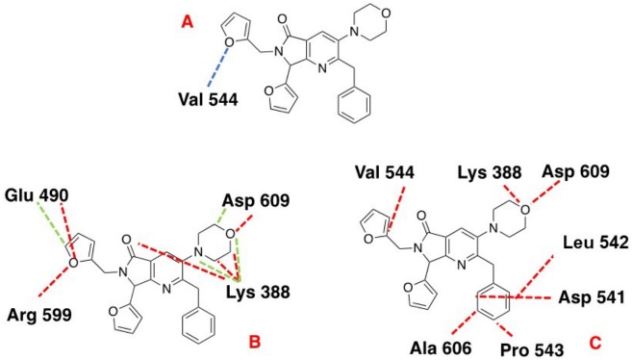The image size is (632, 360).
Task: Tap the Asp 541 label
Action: (590, 297)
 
